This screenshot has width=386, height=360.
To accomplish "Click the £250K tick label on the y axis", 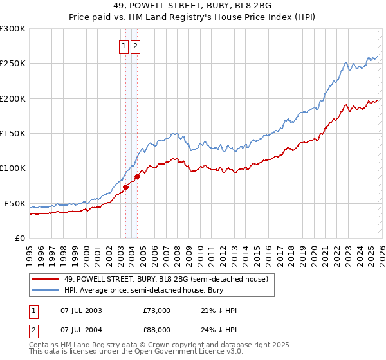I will pyautogui.click(x=13, y=64).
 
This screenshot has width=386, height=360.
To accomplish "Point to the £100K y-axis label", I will pyautogui.click(x=13, y=168).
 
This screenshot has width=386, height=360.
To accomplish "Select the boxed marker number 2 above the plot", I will pyautogui.click(x=136, y=46).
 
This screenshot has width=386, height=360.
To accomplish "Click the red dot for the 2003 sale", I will pyautogui.click(x=126, y=187).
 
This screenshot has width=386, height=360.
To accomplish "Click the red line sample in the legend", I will pyautogui.click(x=46, y=278).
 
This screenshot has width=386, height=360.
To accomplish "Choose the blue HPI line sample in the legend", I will pyautogui.click(x=46, y=290).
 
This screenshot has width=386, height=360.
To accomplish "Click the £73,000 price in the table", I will pyautogui.click(x=156, y=310).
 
